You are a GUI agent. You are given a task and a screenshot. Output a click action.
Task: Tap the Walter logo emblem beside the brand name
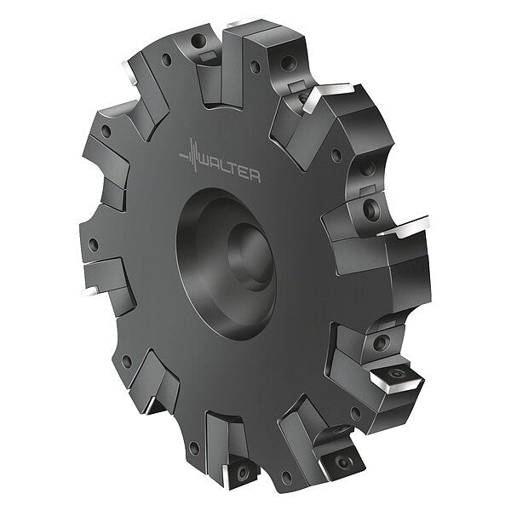192,154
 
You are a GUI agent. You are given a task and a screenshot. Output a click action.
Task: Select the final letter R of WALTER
255,176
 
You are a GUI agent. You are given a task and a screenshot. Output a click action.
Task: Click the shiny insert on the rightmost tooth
404,227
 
